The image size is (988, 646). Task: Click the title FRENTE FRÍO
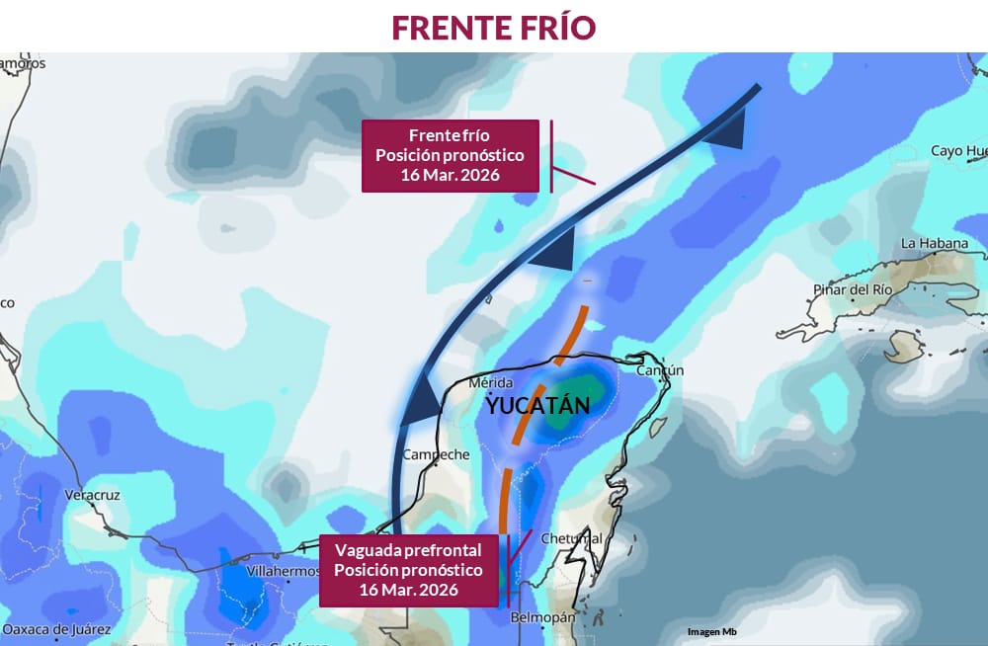[493, 27]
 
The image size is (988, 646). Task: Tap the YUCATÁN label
[537, 405]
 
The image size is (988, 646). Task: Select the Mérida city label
[491, 382]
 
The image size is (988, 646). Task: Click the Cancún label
[660, 370]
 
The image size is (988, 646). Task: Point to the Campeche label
[436, 454]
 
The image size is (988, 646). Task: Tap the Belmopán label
[542, 617]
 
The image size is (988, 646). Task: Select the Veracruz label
[92, 493]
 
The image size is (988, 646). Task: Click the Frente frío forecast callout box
[450, 155]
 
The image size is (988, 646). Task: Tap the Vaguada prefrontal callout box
[408, 570]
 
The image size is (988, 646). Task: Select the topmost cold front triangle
[728, 131]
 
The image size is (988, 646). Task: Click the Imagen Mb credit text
[711, 631]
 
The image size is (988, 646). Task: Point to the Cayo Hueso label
[958, 151]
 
